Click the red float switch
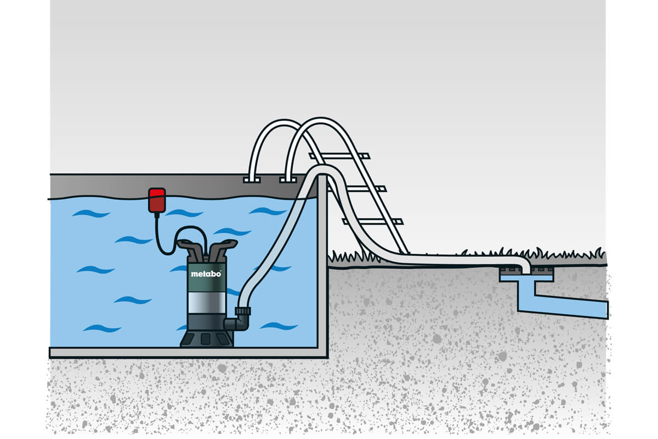pyautogui.click(x=157, y=200)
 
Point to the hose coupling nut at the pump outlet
pyautogui.click(x=242, y=311)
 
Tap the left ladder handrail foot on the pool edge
pyautogui.click(x=252, y=179)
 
